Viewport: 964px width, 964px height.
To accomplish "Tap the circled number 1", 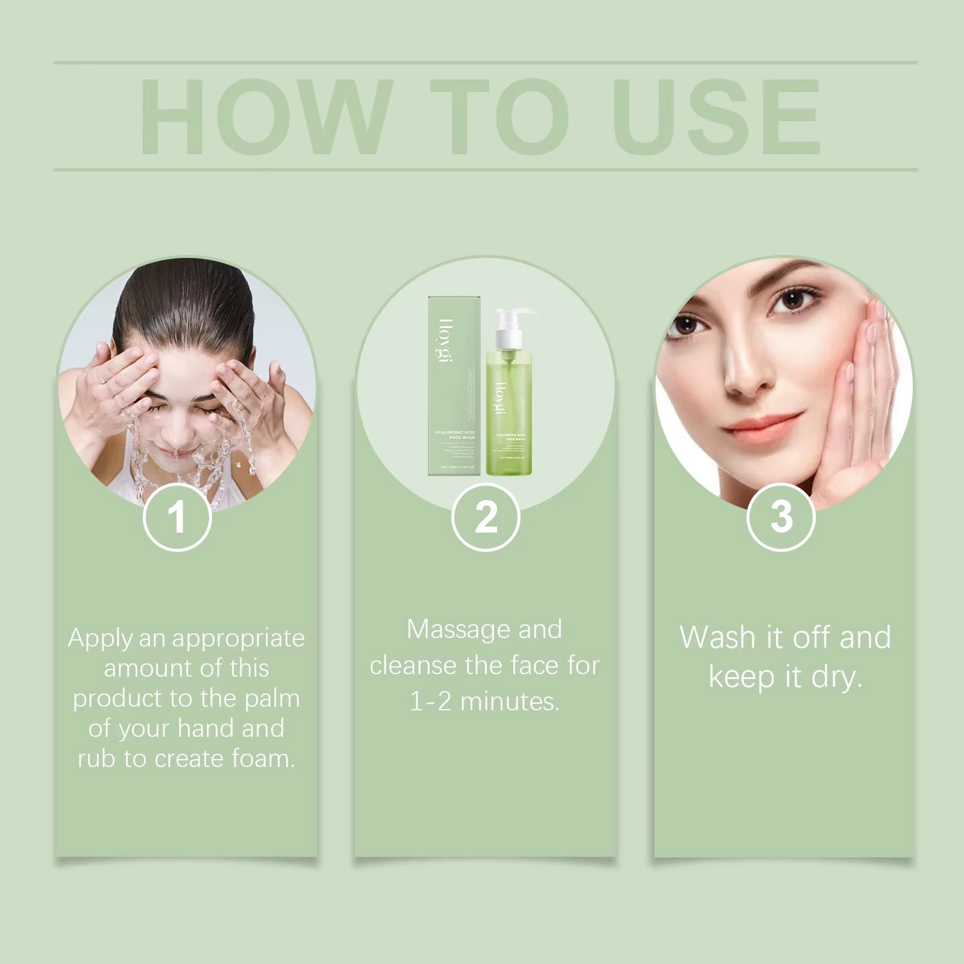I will point(177,517).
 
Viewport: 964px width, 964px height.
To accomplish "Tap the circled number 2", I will point(486,517).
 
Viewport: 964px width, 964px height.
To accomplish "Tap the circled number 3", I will point(781,517).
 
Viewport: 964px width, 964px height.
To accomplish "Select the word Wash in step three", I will point(718,637).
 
